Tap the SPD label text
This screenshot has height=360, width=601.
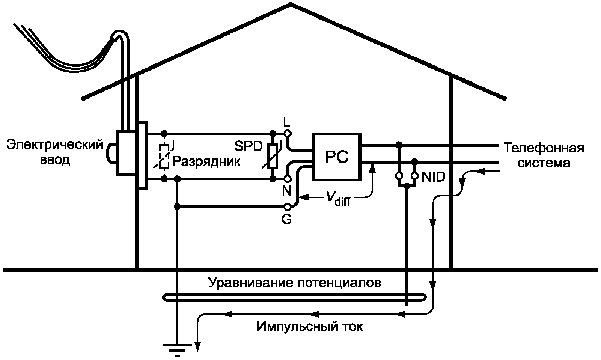tap(249, 146)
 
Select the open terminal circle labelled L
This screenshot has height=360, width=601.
tap(288, 133)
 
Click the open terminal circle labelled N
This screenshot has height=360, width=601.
tap(288, 179)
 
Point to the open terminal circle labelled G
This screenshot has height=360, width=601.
tap(287, 207)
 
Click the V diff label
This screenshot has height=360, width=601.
tap(338, 199)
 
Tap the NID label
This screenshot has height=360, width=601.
tap(433, 177)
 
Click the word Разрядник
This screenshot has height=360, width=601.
tap(206, 162)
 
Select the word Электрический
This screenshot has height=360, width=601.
tap(55, 145)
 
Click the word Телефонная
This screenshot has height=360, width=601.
tap(544, 148)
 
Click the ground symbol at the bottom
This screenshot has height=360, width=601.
tap(177, 350)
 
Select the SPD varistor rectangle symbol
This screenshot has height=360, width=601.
tap(273, 156)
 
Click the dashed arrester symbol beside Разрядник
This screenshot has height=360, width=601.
tap(164, 157)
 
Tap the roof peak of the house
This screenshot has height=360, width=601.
tap(291, 4)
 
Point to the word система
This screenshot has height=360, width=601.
tap(544, 164)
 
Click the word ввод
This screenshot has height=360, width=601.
tap(55, 160)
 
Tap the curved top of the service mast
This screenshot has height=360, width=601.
tap(120, 33)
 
